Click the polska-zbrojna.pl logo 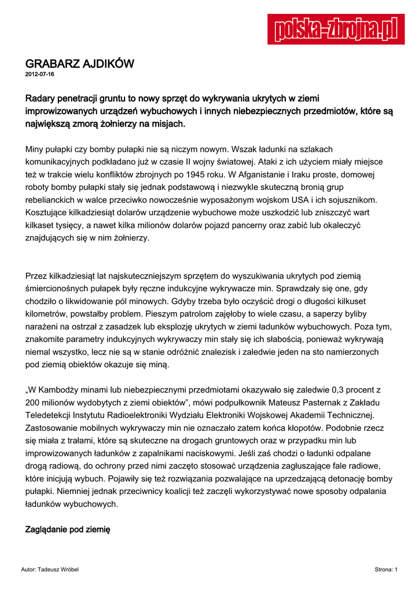point(336,30)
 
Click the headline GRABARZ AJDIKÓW point(80,64)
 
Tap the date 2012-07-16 point(40,75)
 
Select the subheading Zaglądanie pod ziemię point(68,530)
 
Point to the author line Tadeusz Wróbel point(50,570)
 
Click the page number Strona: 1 point(386,570)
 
